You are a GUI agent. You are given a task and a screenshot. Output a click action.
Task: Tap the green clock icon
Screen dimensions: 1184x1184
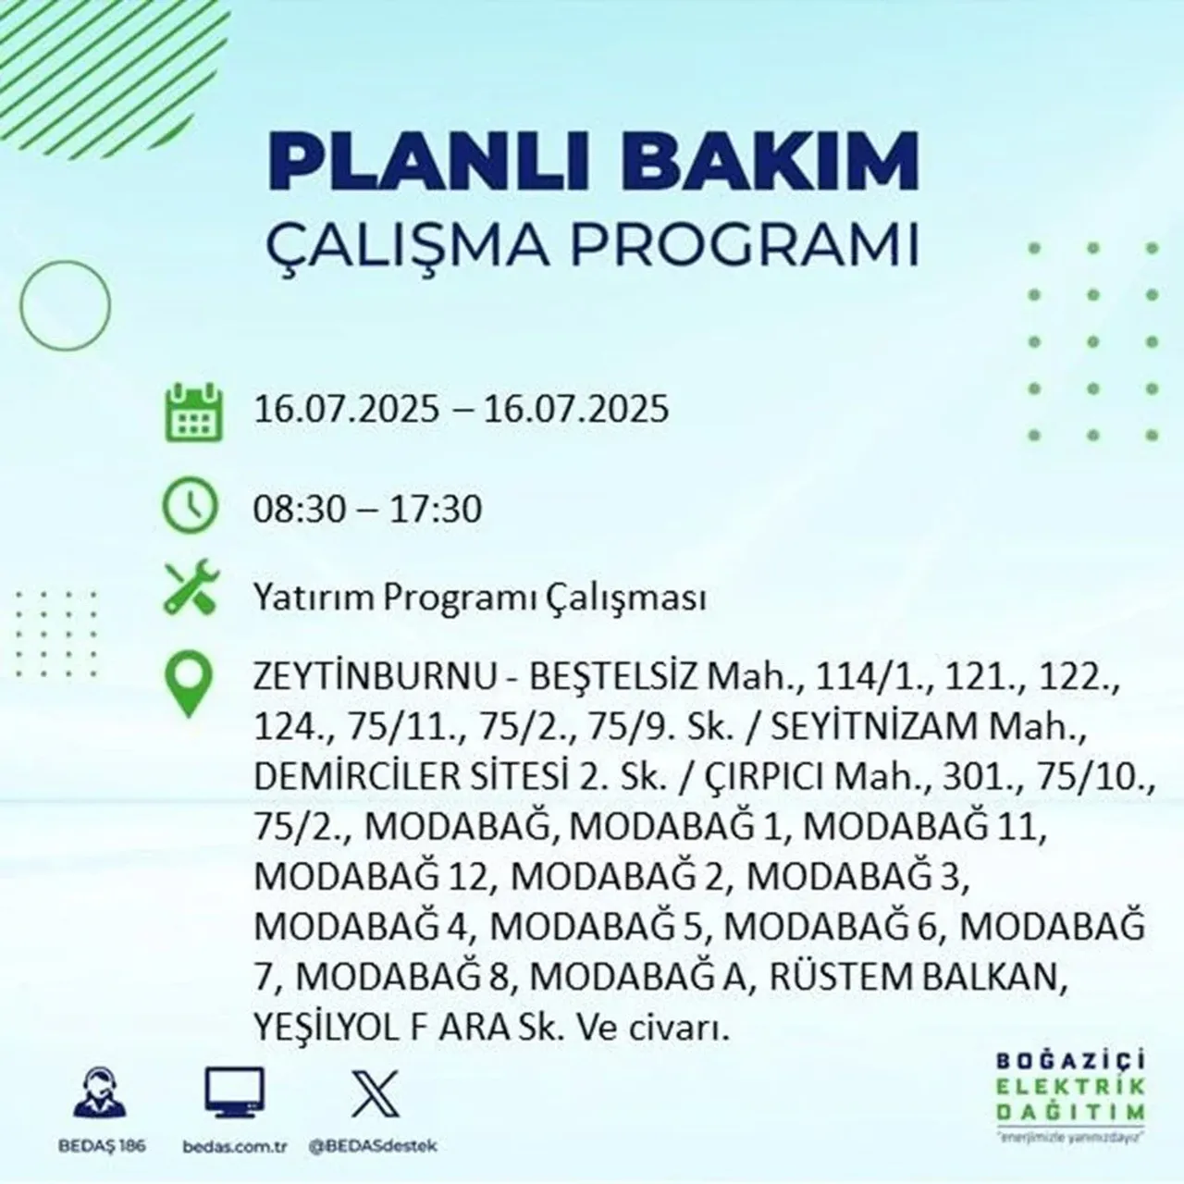coord(191,507)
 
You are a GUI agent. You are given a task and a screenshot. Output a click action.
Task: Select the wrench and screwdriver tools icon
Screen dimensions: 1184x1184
coord(191,591)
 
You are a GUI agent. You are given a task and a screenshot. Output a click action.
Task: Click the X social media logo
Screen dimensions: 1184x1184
coord(376,1093)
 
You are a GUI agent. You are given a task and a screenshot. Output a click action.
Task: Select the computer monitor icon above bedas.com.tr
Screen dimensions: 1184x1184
coord(234,1093)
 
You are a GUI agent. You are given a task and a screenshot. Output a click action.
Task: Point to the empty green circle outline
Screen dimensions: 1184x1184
coord(66,304)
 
